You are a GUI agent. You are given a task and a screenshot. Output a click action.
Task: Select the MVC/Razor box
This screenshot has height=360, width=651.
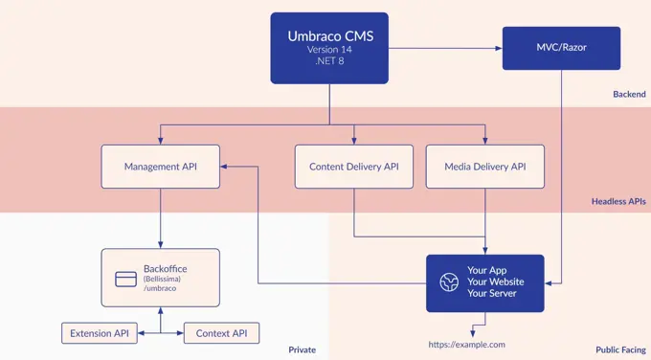(x=561, y=47)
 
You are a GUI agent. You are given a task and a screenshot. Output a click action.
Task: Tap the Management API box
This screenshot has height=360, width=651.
(x=160, y=167)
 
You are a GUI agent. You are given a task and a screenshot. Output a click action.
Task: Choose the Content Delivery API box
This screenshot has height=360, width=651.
(x=353, y=167)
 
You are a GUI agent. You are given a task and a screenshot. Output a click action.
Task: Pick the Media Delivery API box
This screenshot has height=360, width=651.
(x=484, y=167)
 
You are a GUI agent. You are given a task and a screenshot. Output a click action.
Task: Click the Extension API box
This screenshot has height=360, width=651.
(x=99, y=333)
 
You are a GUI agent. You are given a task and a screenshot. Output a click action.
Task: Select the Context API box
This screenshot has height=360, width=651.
(x=221, y=333)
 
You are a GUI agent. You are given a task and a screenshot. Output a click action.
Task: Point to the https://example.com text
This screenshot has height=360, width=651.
(x=466, y=344)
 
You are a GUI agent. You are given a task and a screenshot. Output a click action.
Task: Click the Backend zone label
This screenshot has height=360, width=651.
(x=629, y=94)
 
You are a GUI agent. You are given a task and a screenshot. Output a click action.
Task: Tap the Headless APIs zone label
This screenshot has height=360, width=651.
(x=618, y=201)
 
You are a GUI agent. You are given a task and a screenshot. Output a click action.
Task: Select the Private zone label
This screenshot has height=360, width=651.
(x=302, y=349)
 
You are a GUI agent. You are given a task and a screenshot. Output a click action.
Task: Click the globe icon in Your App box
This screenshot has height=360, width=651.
(x=449, y=282)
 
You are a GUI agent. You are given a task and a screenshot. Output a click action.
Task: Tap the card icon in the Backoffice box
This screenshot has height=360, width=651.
(x=124, y=279)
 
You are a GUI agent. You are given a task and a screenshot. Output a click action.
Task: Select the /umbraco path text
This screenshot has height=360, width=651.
(x=161, y=288)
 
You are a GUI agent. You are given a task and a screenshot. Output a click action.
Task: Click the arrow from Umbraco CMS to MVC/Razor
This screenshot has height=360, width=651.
(x=445, y=47)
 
